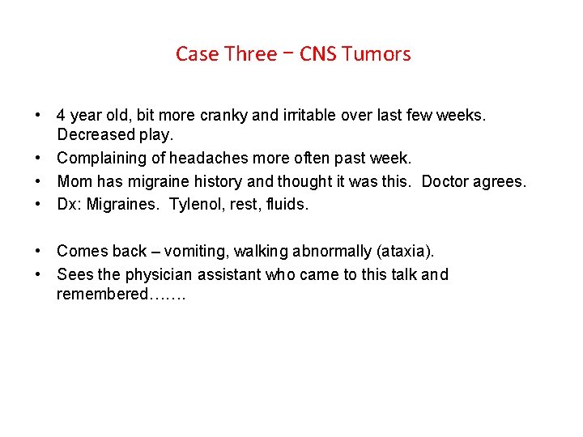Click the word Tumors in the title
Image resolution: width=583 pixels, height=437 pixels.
[376, 54]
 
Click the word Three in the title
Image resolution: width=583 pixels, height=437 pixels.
[250, 54]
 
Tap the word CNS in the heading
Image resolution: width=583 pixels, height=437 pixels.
[318, 54]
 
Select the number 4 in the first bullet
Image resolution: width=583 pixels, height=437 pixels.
[62, 116]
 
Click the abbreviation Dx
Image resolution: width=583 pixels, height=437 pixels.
[69, 205]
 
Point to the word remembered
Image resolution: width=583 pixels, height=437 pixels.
[103, 294]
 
